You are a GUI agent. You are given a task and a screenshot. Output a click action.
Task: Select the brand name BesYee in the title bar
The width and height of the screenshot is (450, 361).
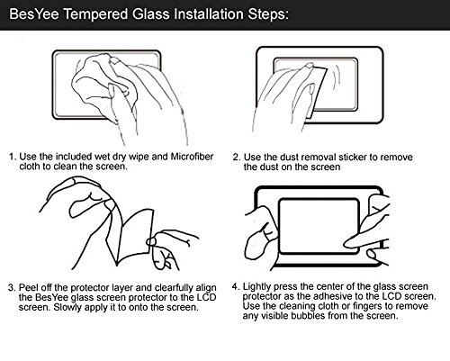34,14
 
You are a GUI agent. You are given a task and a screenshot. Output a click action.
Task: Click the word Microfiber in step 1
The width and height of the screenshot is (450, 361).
192,157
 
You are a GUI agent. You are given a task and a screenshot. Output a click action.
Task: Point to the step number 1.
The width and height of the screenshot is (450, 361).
12,157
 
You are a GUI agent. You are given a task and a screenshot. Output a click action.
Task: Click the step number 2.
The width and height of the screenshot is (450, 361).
237,158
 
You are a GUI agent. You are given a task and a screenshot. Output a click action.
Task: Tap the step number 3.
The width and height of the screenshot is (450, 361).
12,288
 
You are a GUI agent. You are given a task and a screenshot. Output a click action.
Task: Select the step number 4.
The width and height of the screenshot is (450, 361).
235,286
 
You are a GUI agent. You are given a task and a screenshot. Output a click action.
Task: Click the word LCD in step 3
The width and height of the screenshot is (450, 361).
206,297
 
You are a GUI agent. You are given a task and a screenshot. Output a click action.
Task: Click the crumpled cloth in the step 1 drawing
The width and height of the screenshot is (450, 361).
105,81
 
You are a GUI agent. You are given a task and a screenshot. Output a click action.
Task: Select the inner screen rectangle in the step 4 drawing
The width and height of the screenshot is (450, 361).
319,226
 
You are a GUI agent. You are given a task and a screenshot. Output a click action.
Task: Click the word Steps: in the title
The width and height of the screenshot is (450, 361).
268,14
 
